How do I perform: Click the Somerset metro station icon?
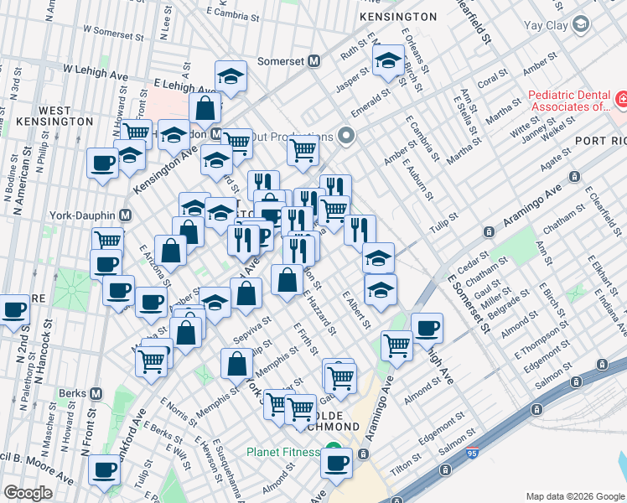[315, 61]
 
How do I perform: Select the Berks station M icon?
[96, 392]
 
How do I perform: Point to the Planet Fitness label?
[282, 452]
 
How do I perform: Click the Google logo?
[28, 493]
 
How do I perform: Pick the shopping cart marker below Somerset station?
[303, 151]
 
